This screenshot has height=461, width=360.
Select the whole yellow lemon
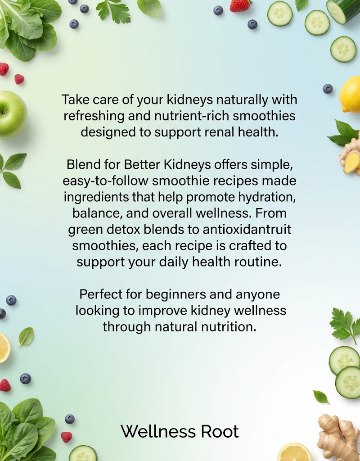click(350, 93)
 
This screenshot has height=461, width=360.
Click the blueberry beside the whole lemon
click(328, 89)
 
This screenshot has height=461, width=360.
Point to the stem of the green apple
click(4, 111)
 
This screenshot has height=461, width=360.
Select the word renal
click(218, 132)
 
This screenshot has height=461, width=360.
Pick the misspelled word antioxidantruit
click(247, 229)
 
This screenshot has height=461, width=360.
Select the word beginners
click(176, 294)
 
